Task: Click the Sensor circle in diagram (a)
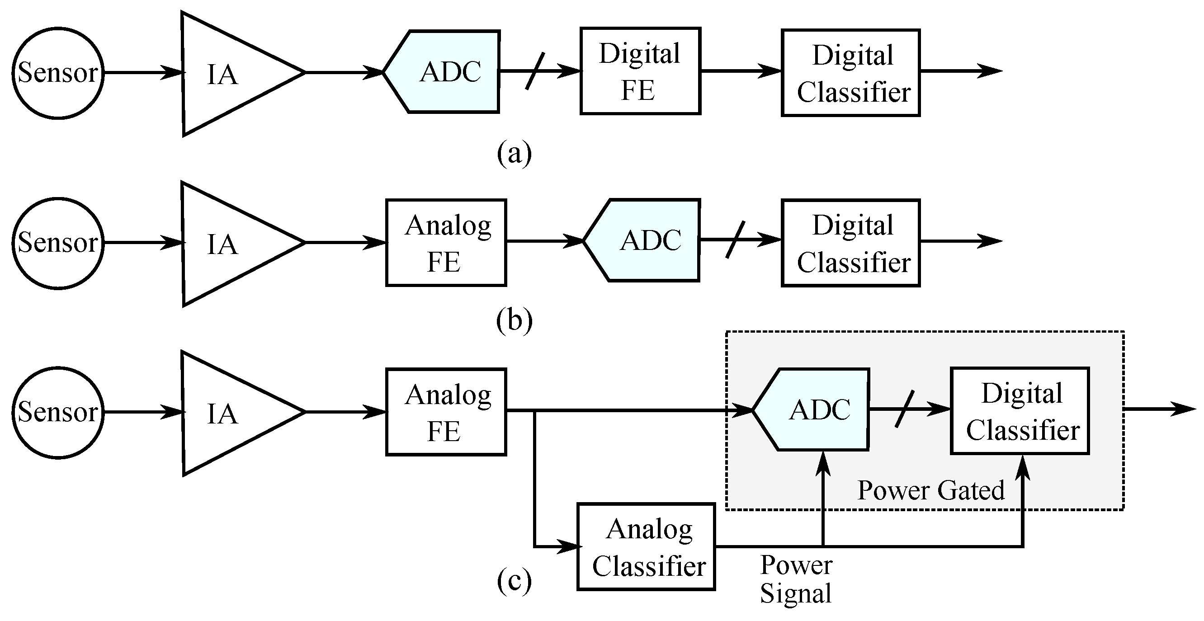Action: [x=57, y=73]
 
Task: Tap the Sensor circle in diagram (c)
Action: [x=57, y=413]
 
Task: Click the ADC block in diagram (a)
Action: [x=446, y=72]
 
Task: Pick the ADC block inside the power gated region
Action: [x=816, y=410]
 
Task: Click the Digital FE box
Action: [x=640, y=71]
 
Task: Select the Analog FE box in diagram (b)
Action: [x=446, y=243]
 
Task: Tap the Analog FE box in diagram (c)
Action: [x=446, y=412]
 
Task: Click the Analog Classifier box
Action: [x=647, y=547]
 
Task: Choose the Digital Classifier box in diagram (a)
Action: [x=850, y=73]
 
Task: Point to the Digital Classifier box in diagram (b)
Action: [x=850, y=243]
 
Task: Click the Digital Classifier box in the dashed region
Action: [x=1020, y=411]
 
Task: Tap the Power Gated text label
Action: [x=930, y=491]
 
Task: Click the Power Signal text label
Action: [x=796, y=579]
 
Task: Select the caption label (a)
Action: [x=514, y=153]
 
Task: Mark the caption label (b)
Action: [x=514, y=321]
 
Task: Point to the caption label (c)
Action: [x=514, y=581]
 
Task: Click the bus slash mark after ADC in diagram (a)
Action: [x=535, y=71]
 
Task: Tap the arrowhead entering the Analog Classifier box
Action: [x=569, y=546]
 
